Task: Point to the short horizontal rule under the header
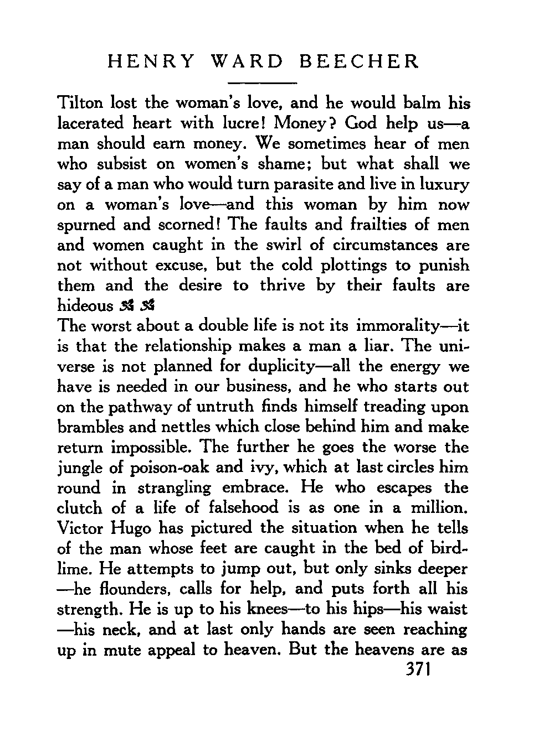point(263,83)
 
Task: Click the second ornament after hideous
point(147,305)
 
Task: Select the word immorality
point(407,325)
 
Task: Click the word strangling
point(174,489)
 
